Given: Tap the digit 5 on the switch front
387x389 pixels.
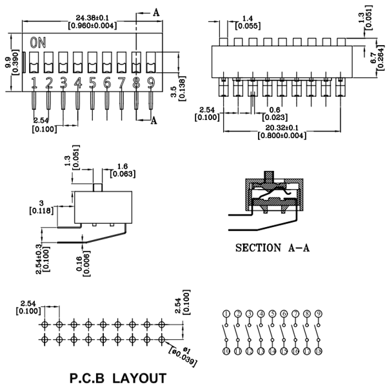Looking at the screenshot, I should pos(92,82).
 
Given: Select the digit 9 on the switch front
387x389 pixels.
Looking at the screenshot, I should pos(150,82).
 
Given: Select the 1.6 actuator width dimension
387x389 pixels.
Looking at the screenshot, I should pos(121,166).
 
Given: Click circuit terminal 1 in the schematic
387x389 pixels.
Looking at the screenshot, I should pos(226,314).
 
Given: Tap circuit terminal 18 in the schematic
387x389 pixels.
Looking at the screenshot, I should pos(318,352).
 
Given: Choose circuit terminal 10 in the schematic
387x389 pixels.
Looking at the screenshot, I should pos(226,352).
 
